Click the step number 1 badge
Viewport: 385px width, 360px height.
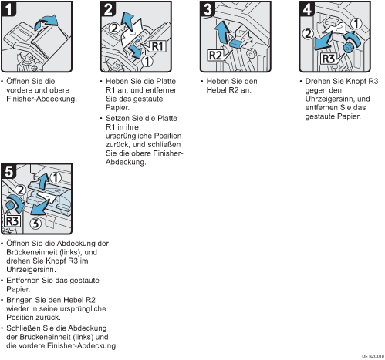pyautogui.click(x=8, y=8)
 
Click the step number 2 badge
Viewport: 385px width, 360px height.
pyautogui.click(x=108, y=8)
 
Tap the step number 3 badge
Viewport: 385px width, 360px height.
pyautogui.click(x=208, y=8)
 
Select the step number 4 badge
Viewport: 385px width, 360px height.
pyautogui.click(x=307, y=8)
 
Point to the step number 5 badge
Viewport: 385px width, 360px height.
pyautogui.click(x=8, y=171)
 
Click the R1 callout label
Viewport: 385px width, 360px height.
pyautogui.click(x=157, y=46)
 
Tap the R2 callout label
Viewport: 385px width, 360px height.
pyautogui.click(x=215, y=55)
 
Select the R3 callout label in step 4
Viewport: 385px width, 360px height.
pyautogui.click(x=329, y=59)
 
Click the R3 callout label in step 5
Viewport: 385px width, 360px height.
pyautogui.click(x=12, y=221)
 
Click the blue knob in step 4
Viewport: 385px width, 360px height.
pyautogui.click(x=349, y=48)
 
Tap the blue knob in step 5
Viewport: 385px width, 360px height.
pyautogui.click(x=10, y=205)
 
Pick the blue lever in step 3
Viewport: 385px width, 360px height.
pyautogui.click(x=237, y=43)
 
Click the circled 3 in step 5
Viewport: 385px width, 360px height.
pyautogui.click(x=35, y=223)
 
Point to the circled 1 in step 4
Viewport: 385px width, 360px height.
pyautogui.click(x=356, y=24)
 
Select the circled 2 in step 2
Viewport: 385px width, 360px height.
pyautogui.click(x=114, y=29)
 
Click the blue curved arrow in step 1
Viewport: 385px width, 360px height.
pyautogui.click(x=46, y=22)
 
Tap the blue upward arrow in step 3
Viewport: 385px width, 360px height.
pyautogui.click(x=222, y=32)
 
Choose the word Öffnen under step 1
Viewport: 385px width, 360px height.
pyautogui.click(x=18, y=81)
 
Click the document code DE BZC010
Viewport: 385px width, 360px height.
pyautogui.click(x=373, y=356)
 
